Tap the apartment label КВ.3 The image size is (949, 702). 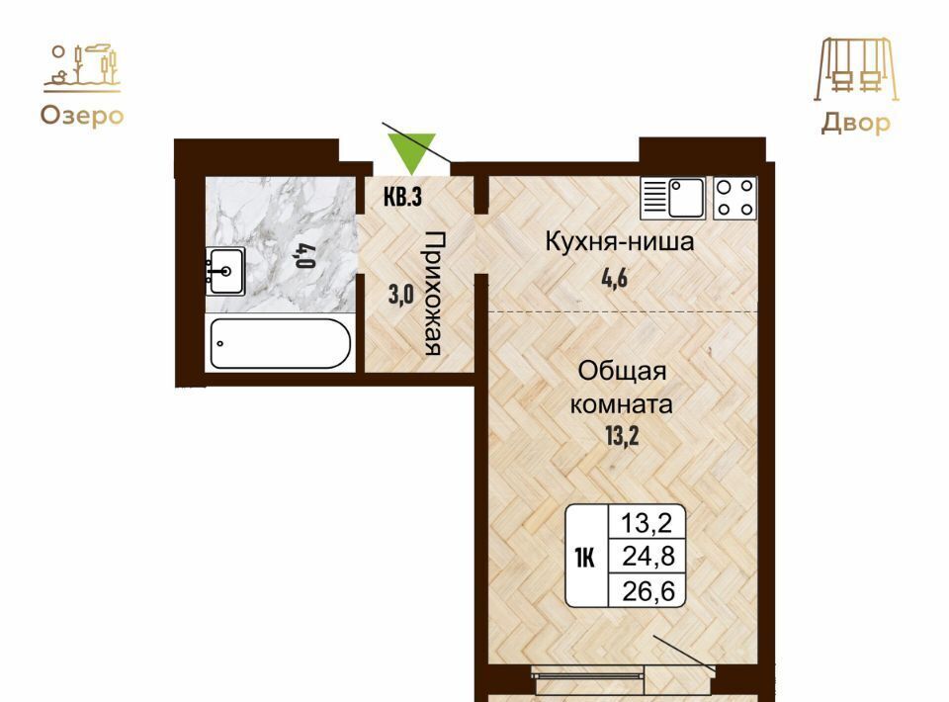point(403,197)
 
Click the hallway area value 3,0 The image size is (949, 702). point(400,295)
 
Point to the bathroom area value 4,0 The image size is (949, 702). point(305,255)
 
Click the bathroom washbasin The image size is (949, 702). point(225,271)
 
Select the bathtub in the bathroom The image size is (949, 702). point(280,343)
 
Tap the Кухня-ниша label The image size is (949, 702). point(620,241)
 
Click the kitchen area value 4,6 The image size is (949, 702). point(615,279)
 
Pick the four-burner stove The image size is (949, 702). point(735,198)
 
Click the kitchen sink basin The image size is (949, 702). point(686,198)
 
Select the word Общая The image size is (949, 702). point(622,371)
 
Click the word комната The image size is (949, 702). point(622,404)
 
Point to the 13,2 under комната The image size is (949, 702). point(622,435)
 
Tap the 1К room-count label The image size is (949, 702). point(584,558)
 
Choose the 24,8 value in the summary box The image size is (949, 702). point(648,556)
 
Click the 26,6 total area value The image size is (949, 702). point(648,590)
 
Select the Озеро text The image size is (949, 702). point(82,116)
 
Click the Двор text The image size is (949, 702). point(856,123)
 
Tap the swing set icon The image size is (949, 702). point(856,69)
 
